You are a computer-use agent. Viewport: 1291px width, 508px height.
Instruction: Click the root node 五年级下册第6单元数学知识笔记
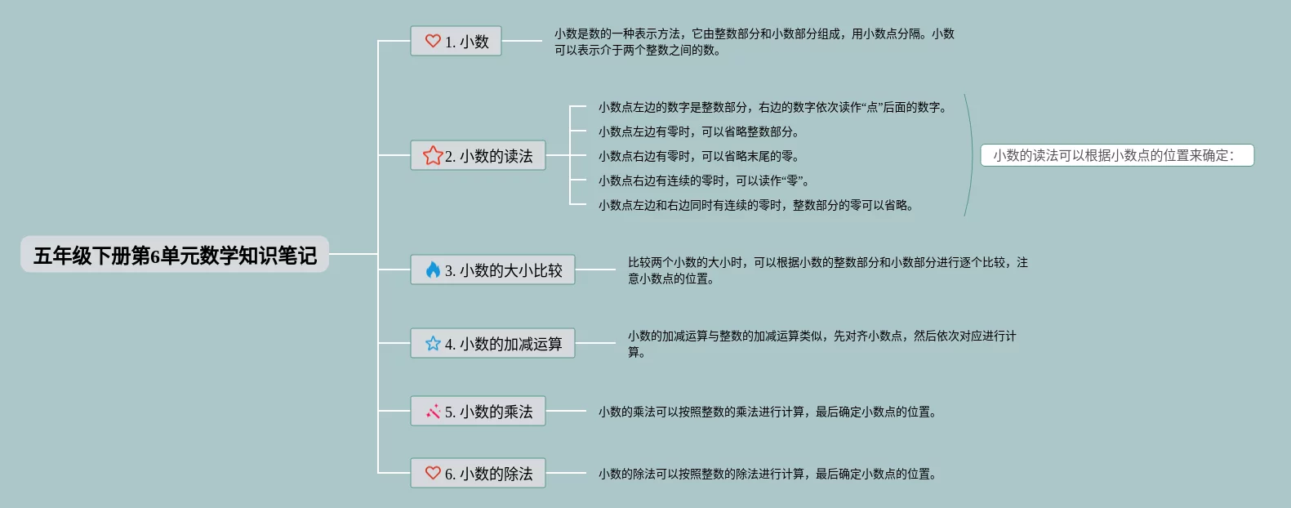(x=175, y=255)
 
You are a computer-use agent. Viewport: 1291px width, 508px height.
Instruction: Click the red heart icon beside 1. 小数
(x=433, y=41)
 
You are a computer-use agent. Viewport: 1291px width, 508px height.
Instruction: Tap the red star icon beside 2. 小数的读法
(x=433, y=155)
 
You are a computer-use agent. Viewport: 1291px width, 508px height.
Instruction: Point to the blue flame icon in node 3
(x=433, y=270)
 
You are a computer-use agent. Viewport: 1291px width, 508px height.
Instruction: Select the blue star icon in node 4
(x=433, y=344)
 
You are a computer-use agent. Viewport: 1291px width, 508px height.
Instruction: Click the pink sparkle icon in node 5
(x=433, y=412)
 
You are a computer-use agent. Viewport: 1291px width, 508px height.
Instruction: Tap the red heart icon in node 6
(x=433, y=473)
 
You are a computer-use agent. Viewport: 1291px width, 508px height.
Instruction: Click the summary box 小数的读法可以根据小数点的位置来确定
(x=1116, y=155)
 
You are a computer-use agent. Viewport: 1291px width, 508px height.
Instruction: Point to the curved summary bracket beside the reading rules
(x=972, y=155)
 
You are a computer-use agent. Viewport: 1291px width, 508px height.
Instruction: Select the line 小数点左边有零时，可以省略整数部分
(x=698, y=131)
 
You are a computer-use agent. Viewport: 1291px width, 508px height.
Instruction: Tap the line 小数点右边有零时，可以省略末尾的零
(x=698, y=156)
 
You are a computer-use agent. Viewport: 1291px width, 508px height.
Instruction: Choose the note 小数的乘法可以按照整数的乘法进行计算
(x=767, y=412)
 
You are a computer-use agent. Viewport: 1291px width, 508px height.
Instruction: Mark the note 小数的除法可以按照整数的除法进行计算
(x=767, y=474)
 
